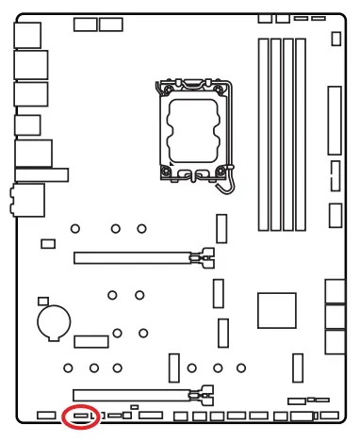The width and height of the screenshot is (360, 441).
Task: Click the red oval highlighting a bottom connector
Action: (81, 416)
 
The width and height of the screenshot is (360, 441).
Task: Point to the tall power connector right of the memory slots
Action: (334, 122)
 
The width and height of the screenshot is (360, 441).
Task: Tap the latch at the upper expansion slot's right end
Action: (200, 255)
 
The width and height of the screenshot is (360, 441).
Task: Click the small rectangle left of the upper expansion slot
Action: (47, 244)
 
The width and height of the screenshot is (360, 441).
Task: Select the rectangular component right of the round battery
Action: (92, 339)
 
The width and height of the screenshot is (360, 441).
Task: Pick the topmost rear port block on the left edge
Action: (29, 36)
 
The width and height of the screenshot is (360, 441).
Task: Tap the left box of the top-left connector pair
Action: (85, 24)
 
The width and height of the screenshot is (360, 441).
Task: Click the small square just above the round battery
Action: (41, 302)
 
